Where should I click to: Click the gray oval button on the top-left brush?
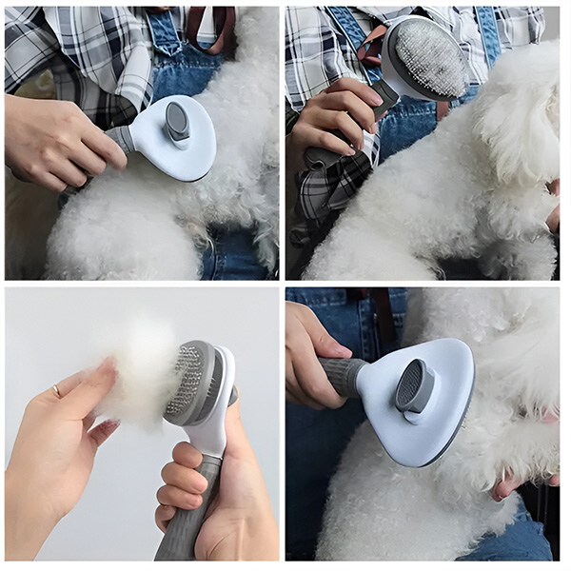177,121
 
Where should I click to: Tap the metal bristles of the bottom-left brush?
187,381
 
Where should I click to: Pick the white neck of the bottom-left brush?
214,428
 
